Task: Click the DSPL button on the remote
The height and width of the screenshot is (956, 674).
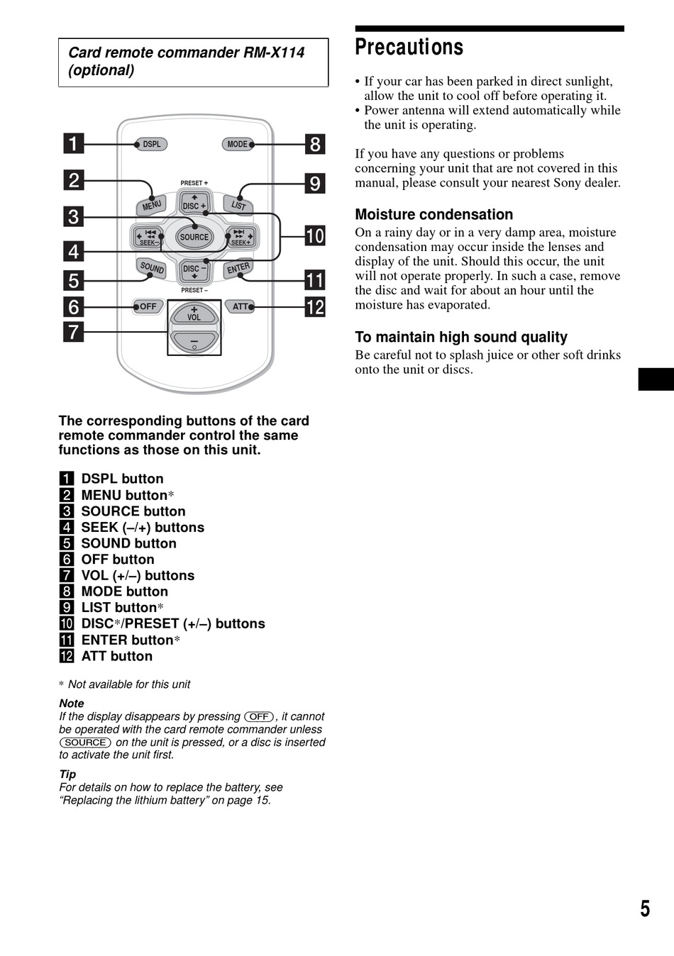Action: [x=151, y=144]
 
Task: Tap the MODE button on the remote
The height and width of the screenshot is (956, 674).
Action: [x=238, y=144]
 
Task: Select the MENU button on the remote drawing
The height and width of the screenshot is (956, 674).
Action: [x=151, y=206]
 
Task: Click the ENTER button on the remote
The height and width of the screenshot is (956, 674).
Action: [x=238, y=269]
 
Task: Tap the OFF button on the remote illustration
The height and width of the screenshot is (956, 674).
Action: [x=148, y=306]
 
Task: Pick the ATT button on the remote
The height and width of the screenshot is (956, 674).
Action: [x=241, y=306]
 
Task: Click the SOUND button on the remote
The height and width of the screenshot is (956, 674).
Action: [x=151, y=269]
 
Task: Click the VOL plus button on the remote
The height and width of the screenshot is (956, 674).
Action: [x=194, y=313]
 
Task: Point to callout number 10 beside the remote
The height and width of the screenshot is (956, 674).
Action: [x=315, y=236]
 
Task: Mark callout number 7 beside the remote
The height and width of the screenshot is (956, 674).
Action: [x=73, y=332]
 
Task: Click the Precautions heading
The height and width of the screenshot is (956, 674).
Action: [x=409, y=47]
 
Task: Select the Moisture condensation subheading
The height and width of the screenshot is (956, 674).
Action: [x=433, y=214]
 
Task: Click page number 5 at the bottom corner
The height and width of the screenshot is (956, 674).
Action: [x=645, y=908]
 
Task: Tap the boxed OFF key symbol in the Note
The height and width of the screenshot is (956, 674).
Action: [x=259, y=716]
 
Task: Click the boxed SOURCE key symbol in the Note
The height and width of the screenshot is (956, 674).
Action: [x=85, y=743]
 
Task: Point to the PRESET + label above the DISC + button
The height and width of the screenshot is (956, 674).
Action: [x=194, y=183]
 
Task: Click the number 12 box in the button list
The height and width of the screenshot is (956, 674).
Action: [x=67, y=656]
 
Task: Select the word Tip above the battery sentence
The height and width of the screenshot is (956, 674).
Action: [x=67, y=774]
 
